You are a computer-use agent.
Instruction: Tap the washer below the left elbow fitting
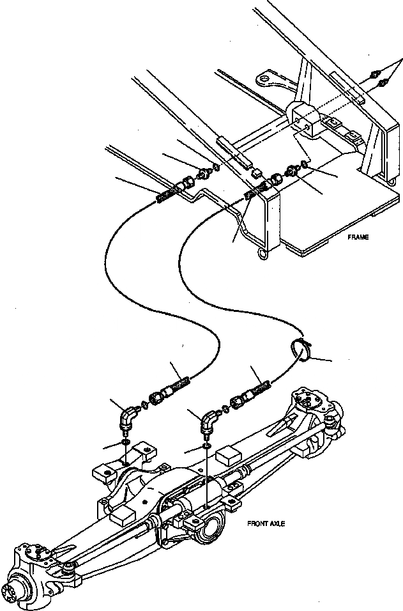coord(126,442)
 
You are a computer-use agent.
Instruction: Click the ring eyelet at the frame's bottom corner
coord(262,255)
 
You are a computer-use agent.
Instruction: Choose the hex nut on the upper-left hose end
coord(190,182)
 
